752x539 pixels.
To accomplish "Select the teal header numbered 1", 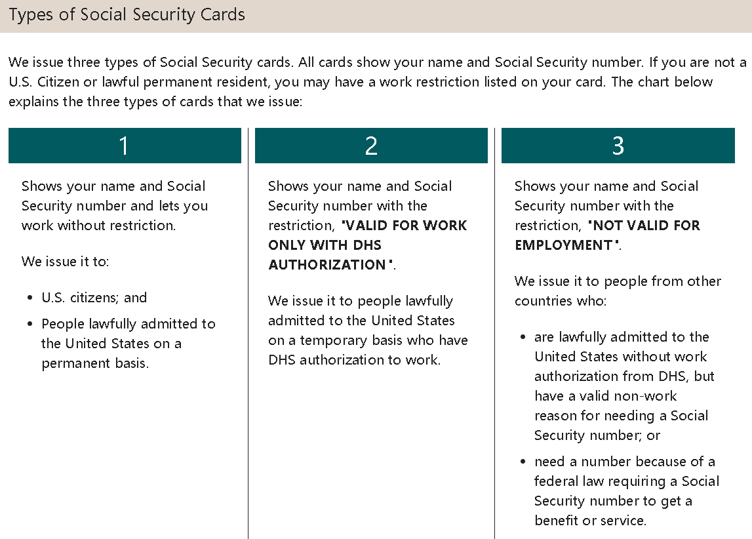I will [x=125, y=146].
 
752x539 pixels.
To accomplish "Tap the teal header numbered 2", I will [x=371, y=146].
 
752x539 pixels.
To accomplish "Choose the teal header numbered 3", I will [x=618, y=146].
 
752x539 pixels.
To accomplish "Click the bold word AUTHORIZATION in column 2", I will [x=327, y=265].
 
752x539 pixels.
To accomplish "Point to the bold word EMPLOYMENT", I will [x=563, y=245].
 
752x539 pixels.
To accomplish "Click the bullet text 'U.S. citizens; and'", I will [x=94, y=298].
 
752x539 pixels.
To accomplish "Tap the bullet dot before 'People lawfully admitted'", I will [x=30, y=325].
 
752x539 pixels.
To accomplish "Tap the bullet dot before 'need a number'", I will [x=523, y=462].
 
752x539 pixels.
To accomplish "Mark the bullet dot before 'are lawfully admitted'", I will [x=523, y=338].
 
